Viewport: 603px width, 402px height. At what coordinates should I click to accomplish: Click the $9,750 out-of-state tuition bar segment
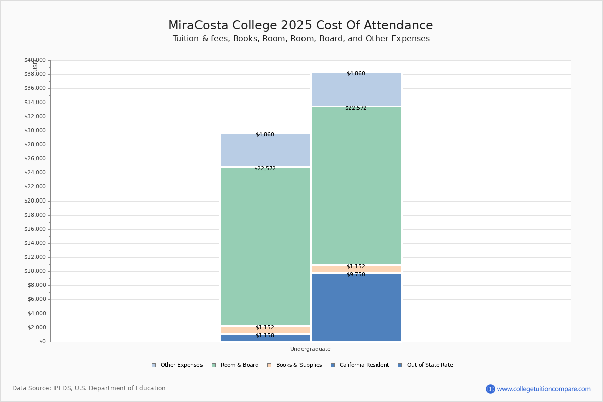pyautogui.click(x=356, y=308)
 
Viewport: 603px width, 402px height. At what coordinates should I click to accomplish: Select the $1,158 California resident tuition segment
pyautogui.click(x=265, y=338)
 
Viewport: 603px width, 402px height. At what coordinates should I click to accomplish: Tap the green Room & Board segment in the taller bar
pyautogui.click(x=356, y=186)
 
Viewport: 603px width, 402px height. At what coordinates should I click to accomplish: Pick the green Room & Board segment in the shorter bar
pyautogui.click(x=265, y=246)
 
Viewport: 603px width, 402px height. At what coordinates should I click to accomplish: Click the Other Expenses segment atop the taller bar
pyautogui.click(x=356, y=89)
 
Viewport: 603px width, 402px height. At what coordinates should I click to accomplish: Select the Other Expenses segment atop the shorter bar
pyautogui.click(x=265, y=150)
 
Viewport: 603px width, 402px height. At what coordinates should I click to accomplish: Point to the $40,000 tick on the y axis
pyautogui.click(x=35, y=60)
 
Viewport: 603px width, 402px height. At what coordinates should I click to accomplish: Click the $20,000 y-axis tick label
pyautogui.click(x=35, y=201)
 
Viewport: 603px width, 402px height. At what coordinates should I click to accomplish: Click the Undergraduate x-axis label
pyautogui.click(x=310, y=349)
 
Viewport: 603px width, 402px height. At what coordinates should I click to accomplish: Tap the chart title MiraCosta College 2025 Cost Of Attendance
pyautogui.click(x=300, y=26)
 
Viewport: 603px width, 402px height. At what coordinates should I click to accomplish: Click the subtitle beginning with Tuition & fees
pyautogui.click(x=300, y=39)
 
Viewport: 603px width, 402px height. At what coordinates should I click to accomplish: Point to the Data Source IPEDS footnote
pyautogui.click(x=89, y=388)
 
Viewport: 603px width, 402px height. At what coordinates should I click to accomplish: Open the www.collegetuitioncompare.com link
pyautogui.click(x=544, y=389)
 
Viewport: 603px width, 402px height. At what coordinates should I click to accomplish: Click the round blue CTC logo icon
pyautogui.click(x=490, y=389)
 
